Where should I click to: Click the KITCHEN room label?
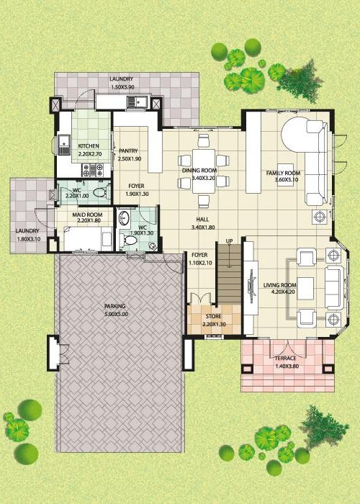[x=89, y=146]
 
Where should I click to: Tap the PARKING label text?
[x=115, y=306]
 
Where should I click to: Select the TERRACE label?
[x=285, y=359]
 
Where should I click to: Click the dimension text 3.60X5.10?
[x=287, y=180]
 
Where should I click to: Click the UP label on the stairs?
[x=229, y=241]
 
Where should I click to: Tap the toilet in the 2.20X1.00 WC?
[x=100, y=192]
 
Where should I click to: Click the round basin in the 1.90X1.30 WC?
[x=124, y=218]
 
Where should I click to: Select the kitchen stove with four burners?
[x=93, y=170]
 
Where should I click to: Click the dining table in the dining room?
[x=204, y=171]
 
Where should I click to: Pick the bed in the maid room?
[x=88, y=239]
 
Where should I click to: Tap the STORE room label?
[x=213, y=316]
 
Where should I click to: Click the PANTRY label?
[x=128, y=150]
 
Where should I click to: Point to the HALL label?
[x=202, y=220]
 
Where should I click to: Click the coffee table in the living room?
[x=305, y=288]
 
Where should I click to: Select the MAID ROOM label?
[x=87, y=215]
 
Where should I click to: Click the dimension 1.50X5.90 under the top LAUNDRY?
[x=122, y=87]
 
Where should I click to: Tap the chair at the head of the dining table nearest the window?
[x=204, y=140]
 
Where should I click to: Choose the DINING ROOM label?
[x=199, y=171]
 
